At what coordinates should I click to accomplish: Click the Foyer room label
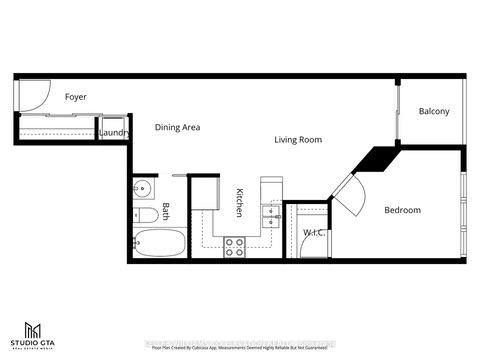pos(76,97)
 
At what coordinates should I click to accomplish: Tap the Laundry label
pos(111,132)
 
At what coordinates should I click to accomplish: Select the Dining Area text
pos(179,128)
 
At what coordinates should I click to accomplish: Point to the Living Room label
pos(297,140)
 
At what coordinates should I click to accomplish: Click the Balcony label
pos(434,111)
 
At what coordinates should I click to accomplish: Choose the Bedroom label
pos(403,210)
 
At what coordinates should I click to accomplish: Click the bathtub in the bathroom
pos(159,243)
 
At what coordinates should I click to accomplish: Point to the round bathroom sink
pos(141,188)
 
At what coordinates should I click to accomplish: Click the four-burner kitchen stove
pos(235,246)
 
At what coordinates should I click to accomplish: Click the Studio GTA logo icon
pos(34,329)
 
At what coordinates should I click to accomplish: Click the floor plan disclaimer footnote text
pos(240,349)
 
